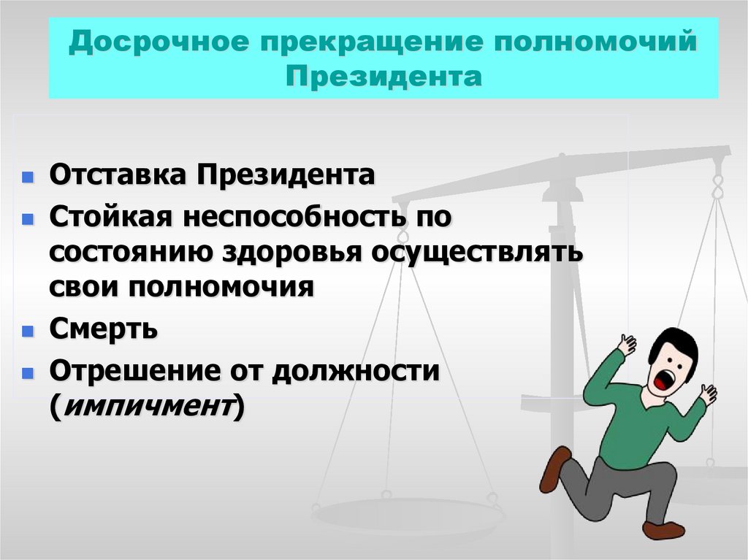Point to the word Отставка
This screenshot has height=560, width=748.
[x=117, y=176]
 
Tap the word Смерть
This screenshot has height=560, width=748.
[x=103, y=329]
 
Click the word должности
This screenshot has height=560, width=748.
[x=355, y=371]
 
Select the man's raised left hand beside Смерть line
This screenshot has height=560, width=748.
[x=626, y=344]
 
